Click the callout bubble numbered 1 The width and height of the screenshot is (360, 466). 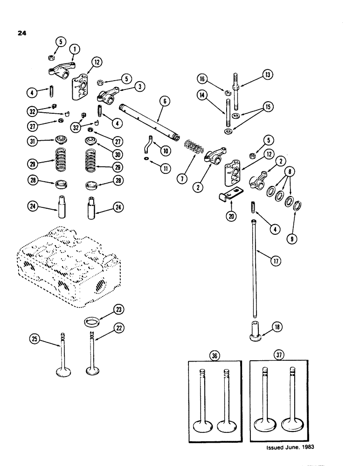click(73, 48)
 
